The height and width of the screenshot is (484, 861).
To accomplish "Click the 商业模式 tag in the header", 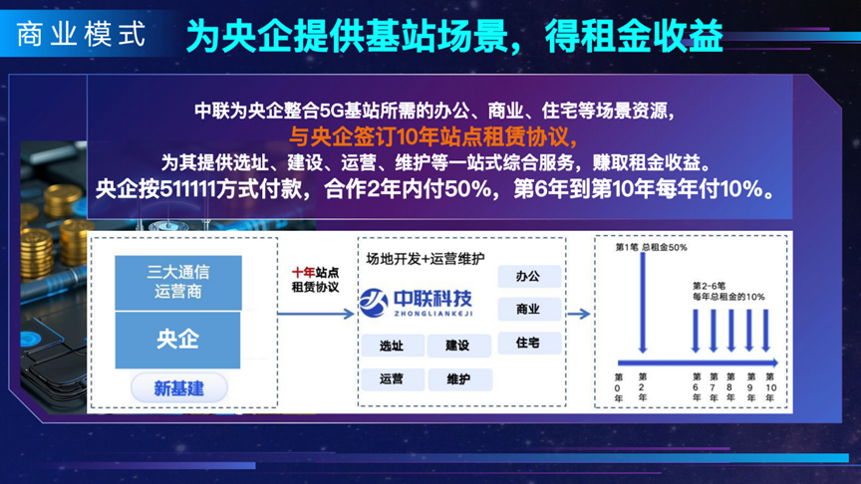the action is (x=82, y=34).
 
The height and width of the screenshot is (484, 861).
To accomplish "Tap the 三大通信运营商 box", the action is (x=178, y=282).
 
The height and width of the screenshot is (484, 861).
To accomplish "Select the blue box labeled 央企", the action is (x=177, y=340).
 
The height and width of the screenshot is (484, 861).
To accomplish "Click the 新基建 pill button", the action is (x=179, y=388).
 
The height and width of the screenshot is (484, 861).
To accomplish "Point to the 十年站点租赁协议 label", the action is (x=315, y=280).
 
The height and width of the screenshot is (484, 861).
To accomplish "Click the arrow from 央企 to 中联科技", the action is (x=316, y=314).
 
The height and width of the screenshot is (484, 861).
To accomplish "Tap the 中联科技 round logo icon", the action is (x=374, y=303).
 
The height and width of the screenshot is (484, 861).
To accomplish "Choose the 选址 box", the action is (x=392, y=346).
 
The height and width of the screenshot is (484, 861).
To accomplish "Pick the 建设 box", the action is (x=458, y=346).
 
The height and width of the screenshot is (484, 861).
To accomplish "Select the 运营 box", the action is (x=392, y=379).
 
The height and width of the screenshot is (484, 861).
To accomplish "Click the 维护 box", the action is (x=459, y=379).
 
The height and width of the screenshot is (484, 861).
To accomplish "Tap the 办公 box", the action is (x=529, y=276).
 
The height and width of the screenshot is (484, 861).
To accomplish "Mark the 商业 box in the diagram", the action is (x=529, y=310).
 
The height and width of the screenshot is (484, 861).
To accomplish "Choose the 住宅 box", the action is (x=529, y=343).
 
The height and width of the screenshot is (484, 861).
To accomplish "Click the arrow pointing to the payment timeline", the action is (x=578, y=314).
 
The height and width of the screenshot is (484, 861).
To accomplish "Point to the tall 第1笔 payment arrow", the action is (x=643, y=303).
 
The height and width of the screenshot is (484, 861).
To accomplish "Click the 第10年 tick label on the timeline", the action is (x=770, y=387).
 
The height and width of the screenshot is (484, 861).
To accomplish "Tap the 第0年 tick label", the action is (x=618, y=387).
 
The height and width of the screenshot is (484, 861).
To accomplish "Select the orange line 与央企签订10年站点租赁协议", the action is (x=433, y=136).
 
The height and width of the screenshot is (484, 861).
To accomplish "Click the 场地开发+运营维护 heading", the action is (x=425, y=259).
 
